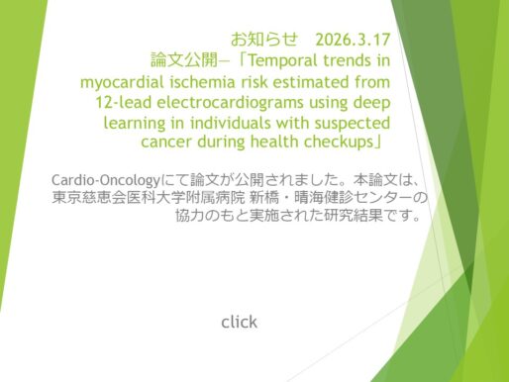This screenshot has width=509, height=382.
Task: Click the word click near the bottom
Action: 239,322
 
